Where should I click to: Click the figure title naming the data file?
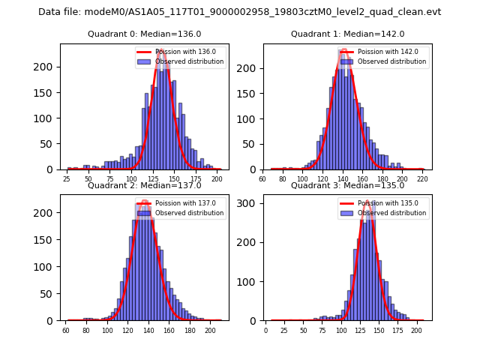point(240,12)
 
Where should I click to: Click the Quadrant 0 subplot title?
point(145,34)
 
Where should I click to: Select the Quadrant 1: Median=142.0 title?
point(348,34)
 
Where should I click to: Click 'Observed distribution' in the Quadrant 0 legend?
point(190,61)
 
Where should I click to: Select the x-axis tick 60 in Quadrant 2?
point(66,330)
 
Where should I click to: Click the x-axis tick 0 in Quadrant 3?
point(265,330)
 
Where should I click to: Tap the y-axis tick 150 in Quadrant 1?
point(250,93)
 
